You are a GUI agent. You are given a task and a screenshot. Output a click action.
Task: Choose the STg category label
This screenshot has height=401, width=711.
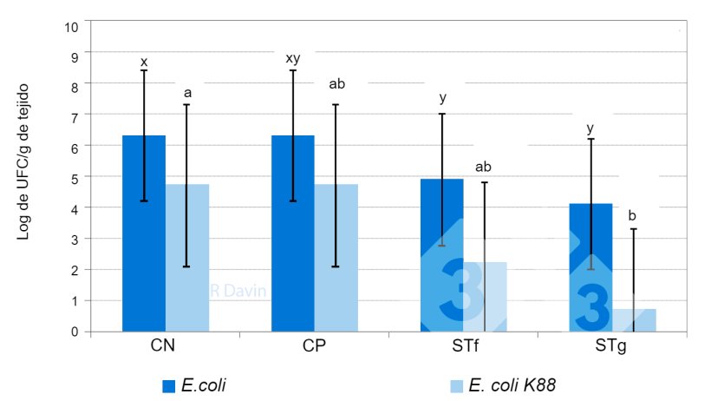coord(611,346)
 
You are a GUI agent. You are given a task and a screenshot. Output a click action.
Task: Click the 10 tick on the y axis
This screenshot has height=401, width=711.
coord(73,25)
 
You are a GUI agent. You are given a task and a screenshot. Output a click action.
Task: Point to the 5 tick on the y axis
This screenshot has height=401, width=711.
coord(76,178)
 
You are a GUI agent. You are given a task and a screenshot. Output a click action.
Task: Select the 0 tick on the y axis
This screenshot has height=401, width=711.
coord(76,332)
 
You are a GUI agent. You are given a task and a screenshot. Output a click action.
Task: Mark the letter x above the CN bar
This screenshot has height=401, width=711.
coord(144,62)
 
